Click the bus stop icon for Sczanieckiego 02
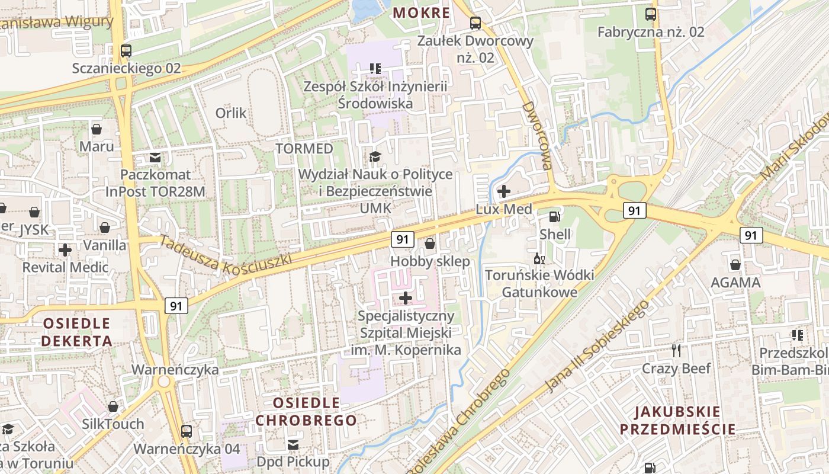click(x=126, y=51)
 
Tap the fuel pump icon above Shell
click(x=555, y=217)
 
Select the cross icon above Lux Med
click(x=504, y=191)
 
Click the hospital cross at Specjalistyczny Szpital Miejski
click(x=406, y=297)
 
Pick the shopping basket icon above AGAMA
click(x=735, y=265)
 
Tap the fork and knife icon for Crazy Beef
click(x=677, y=351)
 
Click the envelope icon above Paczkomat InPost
click(x=155, y=158)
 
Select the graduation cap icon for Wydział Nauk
click(x=375, y=156)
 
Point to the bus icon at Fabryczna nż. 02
click(x=651, y=14)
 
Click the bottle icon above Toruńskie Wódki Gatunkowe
click(x=539, y=259)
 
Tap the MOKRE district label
click(x=422, y=12)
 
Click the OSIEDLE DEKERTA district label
click(x=76, y=332)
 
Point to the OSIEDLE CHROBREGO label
click(x=306, y=412)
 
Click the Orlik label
click(x=231, y=113)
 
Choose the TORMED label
click(x=304, y=148)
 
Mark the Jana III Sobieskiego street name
click(x=596, y=345)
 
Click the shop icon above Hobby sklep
click(x=430, y=244)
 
